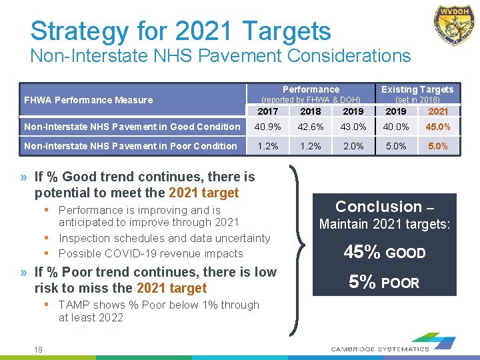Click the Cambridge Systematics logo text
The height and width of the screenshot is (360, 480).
tap(381, 348)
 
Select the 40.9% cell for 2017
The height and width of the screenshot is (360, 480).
tap(267, 127)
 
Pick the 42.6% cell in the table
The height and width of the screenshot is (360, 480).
tap(311, 127)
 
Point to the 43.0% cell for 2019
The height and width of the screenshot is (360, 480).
tap(353, 127)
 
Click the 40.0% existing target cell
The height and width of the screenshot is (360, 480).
tap(396, 127)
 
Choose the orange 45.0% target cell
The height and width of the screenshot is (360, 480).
tap(438, 127)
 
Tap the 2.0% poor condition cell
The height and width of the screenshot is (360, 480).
tap(353, 146)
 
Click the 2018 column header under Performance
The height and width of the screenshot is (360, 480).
tap(311, 111)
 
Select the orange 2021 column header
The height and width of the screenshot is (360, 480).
tap(438, 111)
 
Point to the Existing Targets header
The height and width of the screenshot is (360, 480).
tap(417, 89)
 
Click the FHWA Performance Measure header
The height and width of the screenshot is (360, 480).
tap(88, 100)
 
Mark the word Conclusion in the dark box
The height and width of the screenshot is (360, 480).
tap(378, 207)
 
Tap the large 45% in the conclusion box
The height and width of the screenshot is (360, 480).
tap(362, 253)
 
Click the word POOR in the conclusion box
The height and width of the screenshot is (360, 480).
tap(400, 283)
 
